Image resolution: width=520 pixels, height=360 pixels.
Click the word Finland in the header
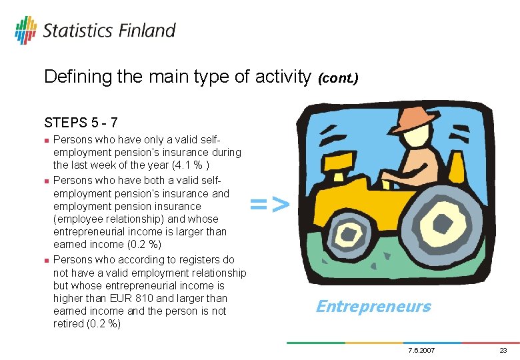coord(147,31)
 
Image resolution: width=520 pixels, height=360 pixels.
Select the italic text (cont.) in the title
coord(338,78)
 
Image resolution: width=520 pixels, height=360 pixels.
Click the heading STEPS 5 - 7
coord(81,123)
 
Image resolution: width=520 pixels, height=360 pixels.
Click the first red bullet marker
coord(46,141)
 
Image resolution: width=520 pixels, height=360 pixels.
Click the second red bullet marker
coord(46,181)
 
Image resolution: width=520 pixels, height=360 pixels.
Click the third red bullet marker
coord(46,260)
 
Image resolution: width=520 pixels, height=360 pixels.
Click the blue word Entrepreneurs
coord(373,307)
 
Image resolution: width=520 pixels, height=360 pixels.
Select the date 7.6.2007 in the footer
coord(421,351)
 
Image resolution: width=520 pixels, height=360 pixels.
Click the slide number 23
coord(503,351)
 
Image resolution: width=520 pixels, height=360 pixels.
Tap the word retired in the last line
coord(69,324)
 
